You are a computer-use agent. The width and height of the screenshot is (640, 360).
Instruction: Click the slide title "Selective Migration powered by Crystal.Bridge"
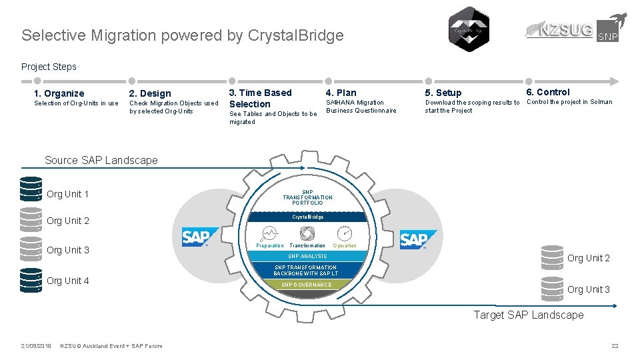[182, 35]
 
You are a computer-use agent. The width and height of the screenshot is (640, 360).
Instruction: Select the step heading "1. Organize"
[59, 93]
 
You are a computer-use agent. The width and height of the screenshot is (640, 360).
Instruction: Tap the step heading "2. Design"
[150, 93]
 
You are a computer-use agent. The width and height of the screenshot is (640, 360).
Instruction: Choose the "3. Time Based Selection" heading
[260, 98]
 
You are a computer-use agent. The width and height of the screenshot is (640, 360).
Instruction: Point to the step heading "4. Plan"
[341, 93]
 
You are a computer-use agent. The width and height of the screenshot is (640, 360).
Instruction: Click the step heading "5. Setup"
[443, 93]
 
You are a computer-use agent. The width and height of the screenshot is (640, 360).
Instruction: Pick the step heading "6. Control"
[548, 92]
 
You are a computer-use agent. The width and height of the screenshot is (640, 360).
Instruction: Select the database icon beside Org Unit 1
[31, 190]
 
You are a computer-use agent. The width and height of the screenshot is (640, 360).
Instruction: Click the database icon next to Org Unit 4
[31, 280]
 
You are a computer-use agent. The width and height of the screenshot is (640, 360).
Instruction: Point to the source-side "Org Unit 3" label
[68, 250]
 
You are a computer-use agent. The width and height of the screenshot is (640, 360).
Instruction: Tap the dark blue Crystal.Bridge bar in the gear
[307, 217]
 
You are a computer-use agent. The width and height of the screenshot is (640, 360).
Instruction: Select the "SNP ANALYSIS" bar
[307, 256]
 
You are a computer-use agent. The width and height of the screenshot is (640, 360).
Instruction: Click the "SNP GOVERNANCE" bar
[306, 285]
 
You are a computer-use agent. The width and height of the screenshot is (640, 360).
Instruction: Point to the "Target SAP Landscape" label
[528, 315]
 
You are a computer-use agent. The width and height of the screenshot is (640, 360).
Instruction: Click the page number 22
[615, 345]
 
